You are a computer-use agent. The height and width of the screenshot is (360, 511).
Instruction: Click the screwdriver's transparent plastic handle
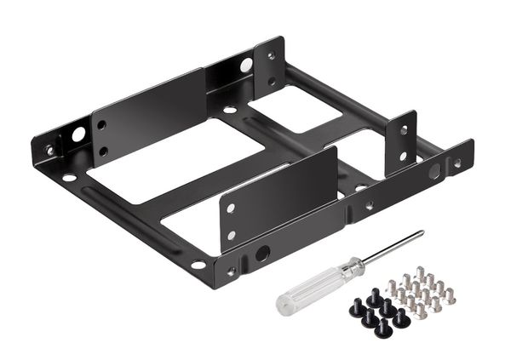307,289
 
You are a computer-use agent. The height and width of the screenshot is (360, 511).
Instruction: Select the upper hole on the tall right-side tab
404,130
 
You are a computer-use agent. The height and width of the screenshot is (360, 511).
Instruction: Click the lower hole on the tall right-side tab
403,156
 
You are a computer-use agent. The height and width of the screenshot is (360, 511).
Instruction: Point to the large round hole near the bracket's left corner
78,134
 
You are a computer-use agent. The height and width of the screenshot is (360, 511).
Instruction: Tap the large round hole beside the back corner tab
246,65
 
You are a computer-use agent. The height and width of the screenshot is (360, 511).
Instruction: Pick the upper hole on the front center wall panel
231,207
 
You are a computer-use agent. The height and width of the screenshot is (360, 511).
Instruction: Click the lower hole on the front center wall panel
231,235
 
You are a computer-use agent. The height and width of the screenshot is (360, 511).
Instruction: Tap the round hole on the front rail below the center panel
262,253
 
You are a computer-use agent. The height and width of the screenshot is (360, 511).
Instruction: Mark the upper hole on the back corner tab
271,56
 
